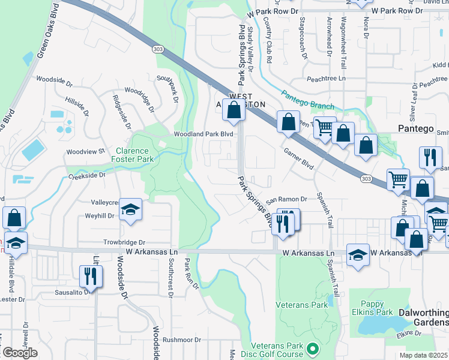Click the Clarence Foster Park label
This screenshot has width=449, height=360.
coord(133,155)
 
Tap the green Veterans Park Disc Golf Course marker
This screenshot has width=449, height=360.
coord(312,348)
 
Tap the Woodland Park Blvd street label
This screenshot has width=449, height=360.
coord(203,134)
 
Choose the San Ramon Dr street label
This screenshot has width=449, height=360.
coord(286,199)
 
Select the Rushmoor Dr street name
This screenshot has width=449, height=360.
coord(181,340)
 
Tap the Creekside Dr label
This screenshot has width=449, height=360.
coord(86,176)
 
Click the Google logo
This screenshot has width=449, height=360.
coord(19,353)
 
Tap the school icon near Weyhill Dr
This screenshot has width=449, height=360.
coord(130,209)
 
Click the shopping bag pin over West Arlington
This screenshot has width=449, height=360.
coord(235,110)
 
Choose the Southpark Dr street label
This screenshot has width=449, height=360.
coord(168,87)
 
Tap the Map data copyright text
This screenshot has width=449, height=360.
coord(424,355)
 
